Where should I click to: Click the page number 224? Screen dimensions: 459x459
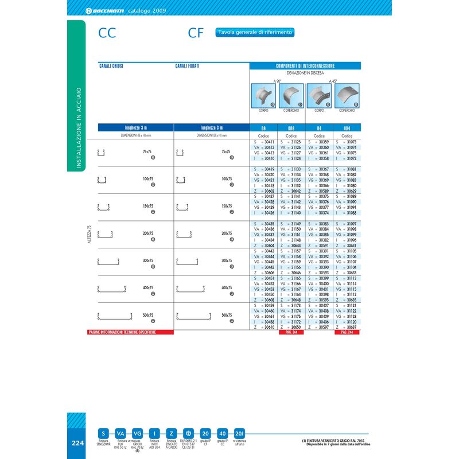tap(78, 443)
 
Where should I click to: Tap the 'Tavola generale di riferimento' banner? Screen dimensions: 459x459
tap(255, 33)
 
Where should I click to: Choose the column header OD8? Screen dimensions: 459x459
tap(291, 128)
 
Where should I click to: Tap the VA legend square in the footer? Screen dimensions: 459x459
tap(120, 434)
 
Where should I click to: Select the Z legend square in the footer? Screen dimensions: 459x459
tap(171, 434)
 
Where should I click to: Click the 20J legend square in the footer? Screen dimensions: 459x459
tap(240, 434)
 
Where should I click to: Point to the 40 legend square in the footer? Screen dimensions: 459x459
tap(223, 434)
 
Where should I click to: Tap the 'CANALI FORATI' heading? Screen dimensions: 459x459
tap(187, 66)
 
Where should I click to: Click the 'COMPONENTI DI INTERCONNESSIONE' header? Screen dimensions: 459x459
tap(305, 66)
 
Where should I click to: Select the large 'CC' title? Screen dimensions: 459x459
tap(107, 33)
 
